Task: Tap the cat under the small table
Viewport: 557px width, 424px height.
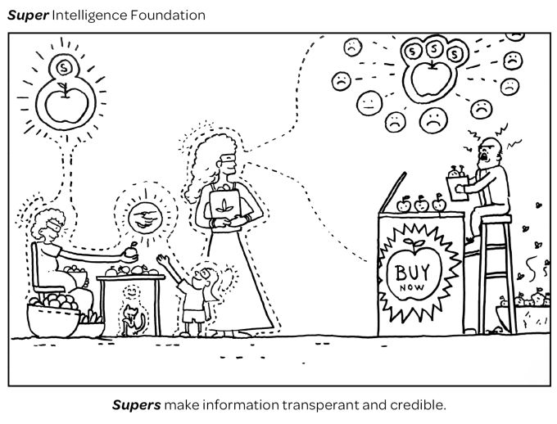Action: (x=130, y=320)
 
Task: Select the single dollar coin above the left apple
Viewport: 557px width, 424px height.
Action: (x=62, y=66)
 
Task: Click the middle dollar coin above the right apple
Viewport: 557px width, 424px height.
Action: (x=434, y=51)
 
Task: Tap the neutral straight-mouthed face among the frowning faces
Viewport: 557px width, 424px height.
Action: (x=369, y=104)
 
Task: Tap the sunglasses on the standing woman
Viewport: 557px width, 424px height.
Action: (x=233, y=160)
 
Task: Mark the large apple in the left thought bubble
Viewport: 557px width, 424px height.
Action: (x=61, y=107)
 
